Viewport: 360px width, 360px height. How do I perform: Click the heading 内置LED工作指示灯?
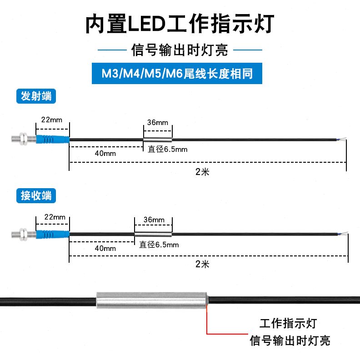click(x=180, y=24)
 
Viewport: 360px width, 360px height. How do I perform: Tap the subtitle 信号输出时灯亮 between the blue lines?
click(x=180, y=50)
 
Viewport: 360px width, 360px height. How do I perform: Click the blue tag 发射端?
click(x=36, y=96)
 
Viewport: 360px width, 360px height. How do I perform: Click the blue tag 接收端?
click(x=36, y=196)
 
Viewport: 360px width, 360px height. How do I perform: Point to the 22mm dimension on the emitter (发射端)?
click(x=51, y=120)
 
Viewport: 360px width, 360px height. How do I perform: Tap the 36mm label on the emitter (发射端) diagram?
click(x=157, y=123)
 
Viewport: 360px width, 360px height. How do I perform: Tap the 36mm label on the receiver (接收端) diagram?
click(x=153, y=220)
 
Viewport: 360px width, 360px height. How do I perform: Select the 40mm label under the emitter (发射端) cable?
click(x=105, y=153)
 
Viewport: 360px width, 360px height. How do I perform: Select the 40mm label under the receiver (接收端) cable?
click(x=105, y=248)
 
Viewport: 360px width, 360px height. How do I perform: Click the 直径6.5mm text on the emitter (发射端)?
click(x=168, y=149)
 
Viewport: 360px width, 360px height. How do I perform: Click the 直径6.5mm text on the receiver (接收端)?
click(x=159, y=245)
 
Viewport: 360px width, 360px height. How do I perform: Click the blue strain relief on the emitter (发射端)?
click(x=52, y=139)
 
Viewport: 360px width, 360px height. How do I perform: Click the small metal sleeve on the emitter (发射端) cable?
click(x=157, y=140)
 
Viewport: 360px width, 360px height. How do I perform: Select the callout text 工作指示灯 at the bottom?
click(x=288, y=324)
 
